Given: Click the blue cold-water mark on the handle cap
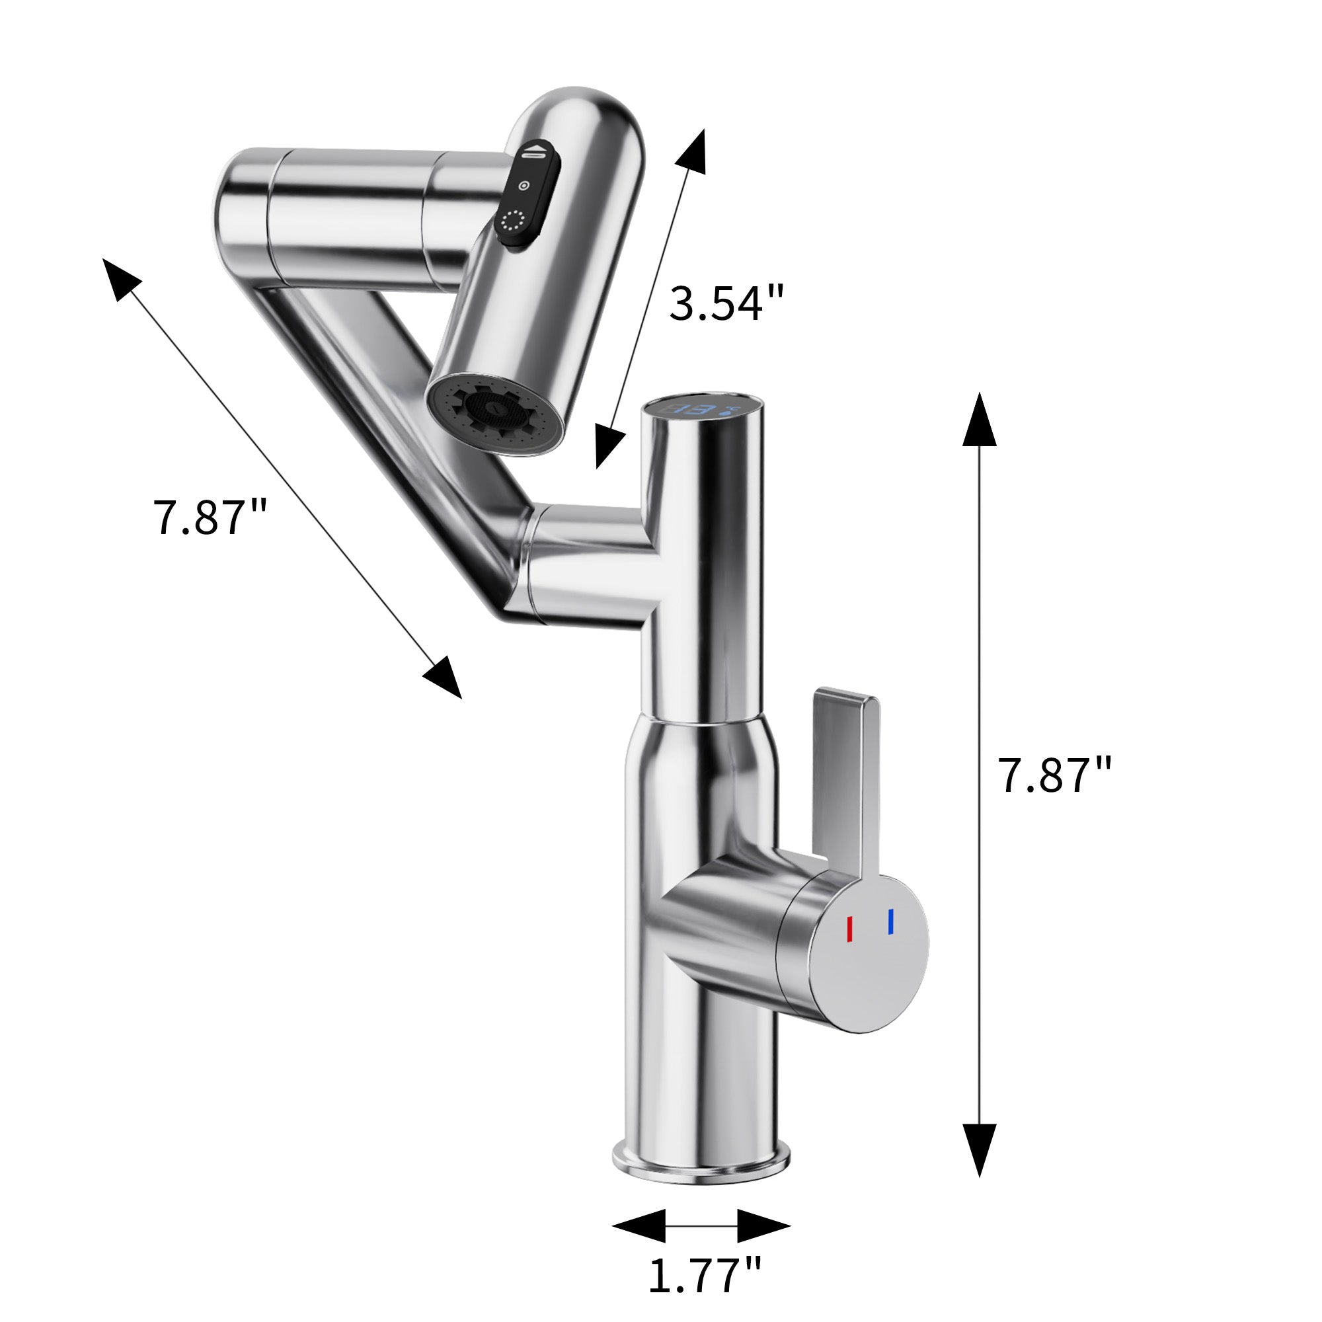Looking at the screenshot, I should [890, 921].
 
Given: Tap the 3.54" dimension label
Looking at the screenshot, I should [726, 303].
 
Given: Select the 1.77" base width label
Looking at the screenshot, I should [704, 1275].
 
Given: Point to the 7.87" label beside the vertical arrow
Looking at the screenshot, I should [1054, 776].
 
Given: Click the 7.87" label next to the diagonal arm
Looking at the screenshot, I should [210, 518].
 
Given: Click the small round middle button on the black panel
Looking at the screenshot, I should [525, 186].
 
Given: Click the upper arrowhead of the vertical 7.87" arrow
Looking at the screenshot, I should [979, 421].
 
